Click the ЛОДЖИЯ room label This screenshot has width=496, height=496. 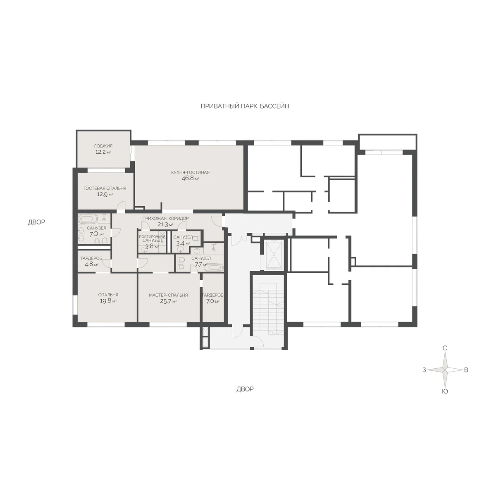103,146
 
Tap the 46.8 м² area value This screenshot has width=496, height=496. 190,178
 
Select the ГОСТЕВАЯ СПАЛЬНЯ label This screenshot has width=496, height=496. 105,188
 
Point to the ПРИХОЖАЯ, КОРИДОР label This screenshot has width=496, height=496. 165,218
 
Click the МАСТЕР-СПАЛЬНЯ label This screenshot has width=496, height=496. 168,295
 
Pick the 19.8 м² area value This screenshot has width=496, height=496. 108,301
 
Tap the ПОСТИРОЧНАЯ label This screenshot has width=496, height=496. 152,236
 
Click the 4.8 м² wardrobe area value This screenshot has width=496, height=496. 91,264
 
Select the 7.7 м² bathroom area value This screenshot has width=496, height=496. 201,265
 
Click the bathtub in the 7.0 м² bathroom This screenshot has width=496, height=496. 88,219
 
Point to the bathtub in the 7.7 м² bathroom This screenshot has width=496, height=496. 213,268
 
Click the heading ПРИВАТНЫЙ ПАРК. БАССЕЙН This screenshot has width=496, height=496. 245,106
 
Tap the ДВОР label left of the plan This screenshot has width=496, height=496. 36,222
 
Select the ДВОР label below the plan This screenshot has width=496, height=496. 245,389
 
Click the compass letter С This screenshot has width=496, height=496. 444,348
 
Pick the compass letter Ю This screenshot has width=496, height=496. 445,391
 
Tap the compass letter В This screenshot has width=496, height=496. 466,370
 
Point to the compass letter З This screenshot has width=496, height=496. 424,370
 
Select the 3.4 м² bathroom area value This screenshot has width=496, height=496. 183,243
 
